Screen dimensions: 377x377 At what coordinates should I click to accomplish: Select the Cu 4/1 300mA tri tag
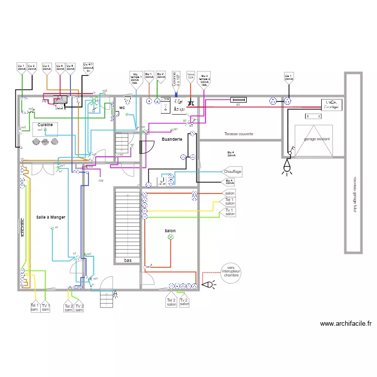coord(88,68)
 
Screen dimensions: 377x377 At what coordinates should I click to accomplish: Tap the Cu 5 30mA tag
coord(70,67)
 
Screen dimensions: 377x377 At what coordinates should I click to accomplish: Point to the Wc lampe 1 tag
coord(135,79)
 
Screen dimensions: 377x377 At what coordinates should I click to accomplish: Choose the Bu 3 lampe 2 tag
coord(204,79)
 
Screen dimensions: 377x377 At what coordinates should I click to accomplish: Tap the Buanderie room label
coord(172,139)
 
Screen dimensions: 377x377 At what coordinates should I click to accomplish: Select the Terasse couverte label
coord(239,134)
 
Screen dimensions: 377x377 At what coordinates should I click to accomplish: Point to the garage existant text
coord(317,139)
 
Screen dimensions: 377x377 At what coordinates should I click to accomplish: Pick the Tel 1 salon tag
coord(230,202)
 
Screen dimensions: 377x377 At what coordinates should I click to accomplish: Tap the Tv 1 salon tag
coord(230,212)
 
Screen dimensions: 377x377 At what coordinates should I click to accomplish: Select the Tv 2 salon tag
coord(184,302)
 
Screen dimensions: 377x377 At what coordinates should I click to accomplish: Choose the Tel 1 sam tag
coord(34,307)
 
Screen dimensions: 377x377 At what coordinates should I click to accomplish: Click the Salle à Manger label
coord(51,217)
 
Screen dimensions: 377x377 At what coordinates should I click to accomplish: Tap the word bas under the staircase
coord(128,260)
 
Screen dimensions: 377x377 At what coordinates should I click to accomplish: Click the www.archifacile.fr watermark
coord(345,324)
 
